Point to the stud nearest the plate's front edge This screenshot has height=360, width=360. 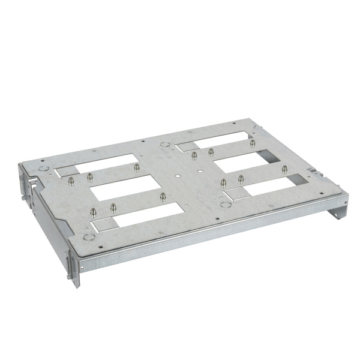coord(94,211)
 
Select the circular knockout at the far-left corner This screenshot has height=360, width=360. coord(43,170)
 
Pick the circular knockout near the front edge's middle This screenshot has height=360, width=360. coord(226,204)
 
